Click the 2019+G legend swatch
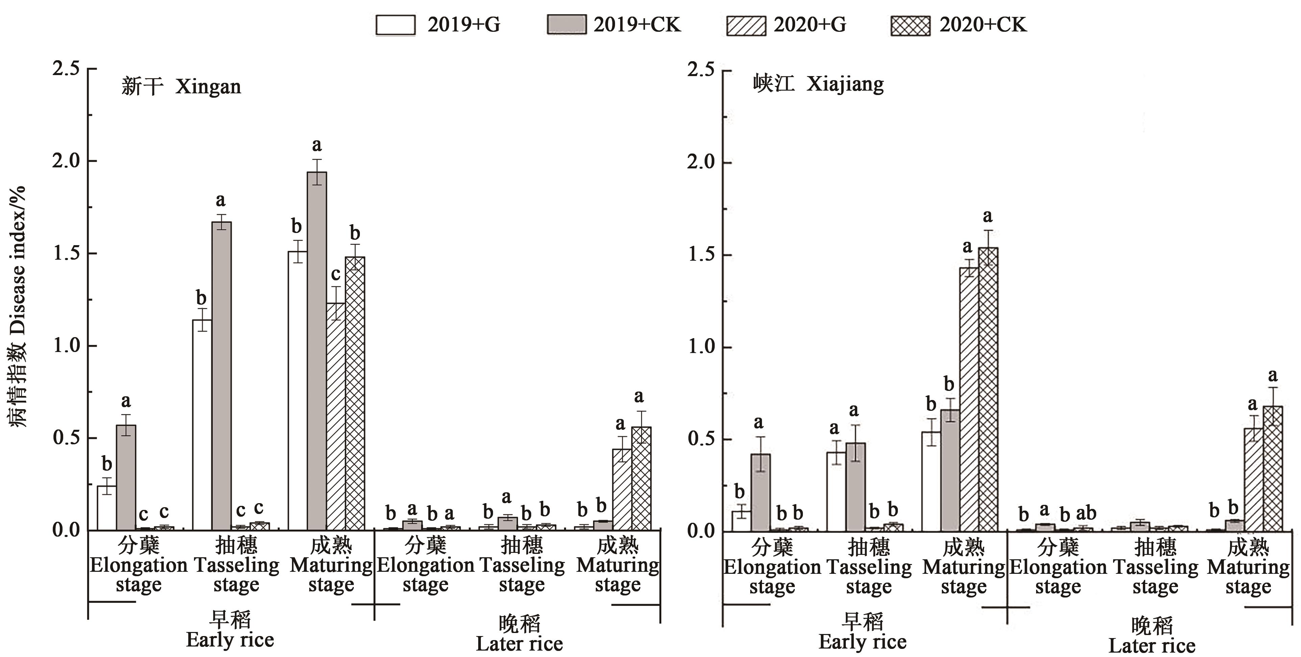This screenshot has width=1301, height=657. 395,25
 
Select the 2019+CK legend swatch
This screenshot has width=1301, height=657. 567,25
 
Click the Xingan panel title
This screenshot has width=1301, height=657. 181,87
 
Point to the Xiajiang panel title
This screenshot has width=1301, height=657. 818,84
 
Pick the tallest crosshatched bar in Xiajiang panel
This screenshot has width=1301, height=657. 988,389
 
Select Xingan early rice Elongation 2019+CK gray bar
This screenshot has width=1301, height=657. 126,477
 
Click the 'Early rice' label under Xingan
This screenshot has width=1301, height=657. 230,640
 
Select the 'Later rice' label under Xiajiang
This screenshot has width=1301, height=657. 1152,646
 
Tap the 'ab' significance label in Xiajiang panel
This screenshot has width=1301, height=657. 1086,513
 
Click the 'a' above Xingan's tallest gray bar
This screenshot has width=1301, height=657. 317,145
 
